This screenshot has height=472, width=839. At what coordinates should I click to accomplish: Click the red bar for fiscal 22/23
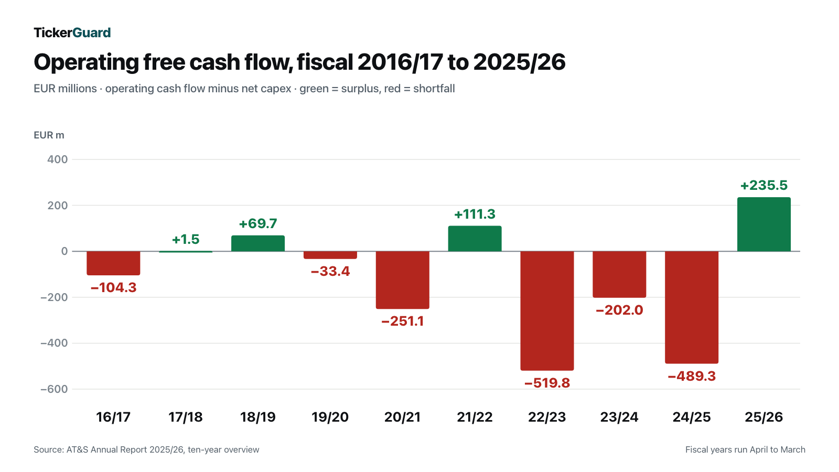(547, 310)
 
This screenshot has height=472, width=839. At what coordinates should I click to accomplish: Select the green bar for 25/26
(763, 224)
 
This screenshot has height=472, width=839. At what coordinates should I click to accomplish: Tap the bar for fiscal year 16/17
(113, 263)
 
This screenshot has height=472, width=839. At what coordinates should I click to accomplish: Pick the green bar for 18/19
(257, 243)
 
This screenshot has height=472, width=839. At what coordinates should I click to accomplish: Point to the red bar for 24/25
(692, 307)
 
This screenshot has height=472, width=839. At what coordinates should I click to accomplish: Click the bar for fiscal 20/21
(402, 280)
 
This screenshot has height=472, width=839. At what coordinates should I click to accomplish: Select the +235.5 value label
(763, 185)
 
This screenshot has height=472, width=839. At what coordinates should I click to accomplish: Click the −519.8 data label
(547, 383)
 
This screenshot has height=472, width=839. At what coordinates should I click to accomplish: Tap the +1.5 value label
(186, 239)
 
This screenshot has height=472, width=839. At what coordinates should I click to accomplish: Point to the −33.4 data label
(330, 271)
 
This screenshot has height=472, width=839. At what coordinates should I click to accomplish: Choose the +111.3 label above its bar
(475, 214)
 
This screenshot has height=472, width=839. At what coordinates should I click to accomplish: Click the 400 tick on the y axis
(57, 159)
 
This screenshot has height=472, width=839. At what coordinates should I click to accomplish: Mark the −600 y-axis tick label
(55, 389)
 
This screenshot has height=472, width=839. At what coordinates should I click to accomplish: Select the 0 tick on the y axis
(64, 251)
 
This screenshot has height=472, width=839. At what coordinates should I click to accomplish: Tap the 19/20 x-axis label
(330, 417)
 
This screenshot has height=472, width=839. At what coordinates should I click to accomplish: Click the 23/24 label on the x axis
(619, 417)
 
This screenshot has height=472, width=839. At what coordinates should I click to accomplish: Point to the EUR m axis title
(49, 135)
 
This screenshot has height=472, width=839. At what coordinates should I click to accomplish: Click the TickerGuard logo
(72, 33)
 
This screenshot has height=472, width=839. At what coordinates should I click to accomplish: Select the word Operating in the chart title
(87, 62)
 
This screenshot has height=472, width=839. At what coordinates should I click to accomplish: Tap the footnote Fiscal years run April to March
(745, 449)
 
